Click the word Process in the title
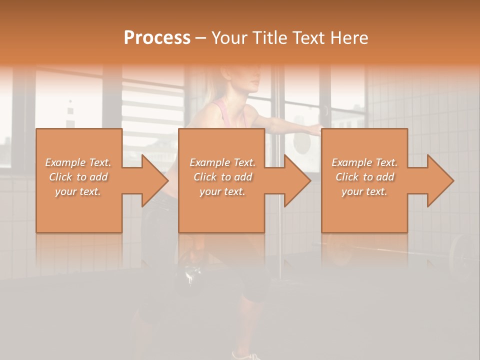click(x=157, y=38)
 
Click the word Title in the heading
click(x=268, y=38)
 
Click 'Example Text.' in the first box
click(x=78, y=162)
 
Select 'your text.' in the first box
click(x=78, y=191)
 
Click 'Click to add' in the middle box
click(x=222, y=177)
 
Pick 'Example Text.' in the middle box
click(x=222, y=162)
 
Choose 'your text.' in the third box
click(x=364, y=191)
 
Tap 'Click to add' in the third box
click(x=364, y=177)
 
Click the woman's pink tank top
click(x=222, y=112)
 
